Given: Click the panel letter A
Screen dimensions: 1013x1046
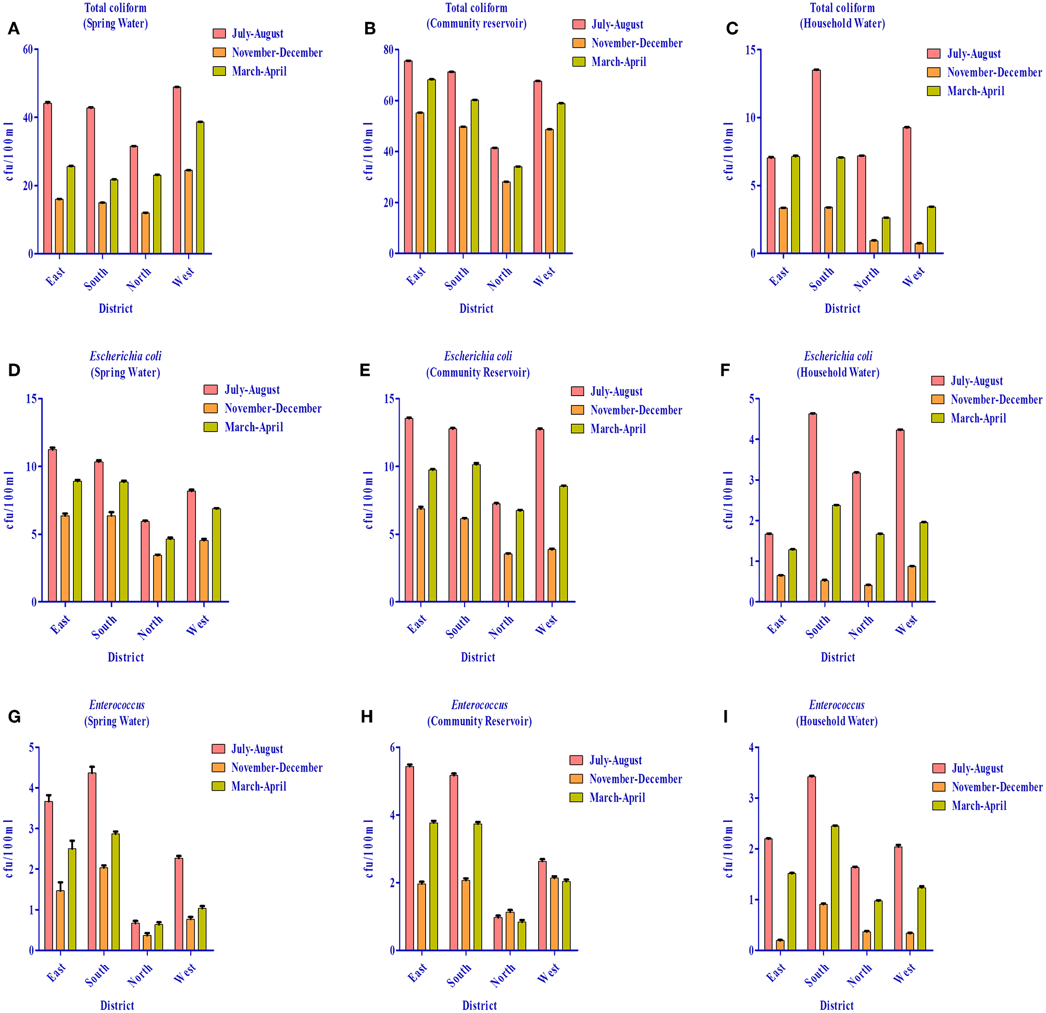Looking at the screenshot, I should click(x=14, y=28).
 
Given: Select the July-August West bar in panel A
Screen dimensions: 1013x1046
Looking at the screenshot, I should click(x=177, y=171).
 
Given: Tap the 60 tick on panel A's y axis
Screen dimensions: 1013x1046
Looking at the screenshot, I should click(x=28, y=49).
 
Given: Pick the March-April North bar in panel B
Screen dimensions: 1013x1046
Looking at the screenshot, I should click(x=518, y=210).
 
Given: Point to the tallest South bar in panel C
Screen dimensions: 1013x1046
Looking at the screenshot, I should click(x=816, y=161).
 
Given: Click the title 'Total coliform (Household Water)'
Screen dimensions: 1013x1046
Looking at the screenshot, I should click(x=842, y=16).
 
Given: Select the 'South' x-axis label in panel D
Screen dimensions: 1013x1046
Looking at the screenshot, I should click(x=104, y=627).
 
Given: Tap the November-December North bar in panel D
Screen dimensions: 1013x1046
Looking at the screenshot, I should click(x=157, y=579).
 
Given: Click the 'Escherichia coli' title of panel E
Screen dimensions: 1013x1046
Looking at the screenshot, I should click(x=478, y=356).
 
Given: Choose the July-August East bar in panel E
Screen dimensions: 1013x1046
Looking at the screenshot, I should click(x=409, y=510).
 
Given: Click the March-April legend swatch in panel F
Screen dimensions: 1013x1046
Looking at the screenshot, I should click(x=938, y=418).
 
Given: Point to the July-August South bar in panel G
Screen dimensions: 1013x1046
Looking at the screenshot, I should click(x=92, y=862).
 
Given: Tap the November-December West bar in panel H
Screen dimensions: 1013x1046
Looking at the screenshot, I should click(x=554, y=914).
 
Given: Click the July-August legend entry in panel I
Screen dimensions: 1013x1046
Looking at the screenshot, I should click(x=977, y=768).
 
